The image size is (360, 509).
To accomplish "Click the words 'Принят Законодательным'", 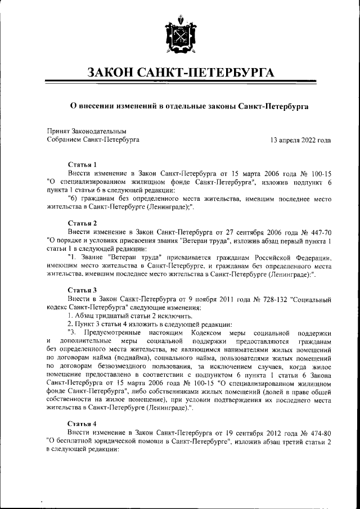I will point(86,130).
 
